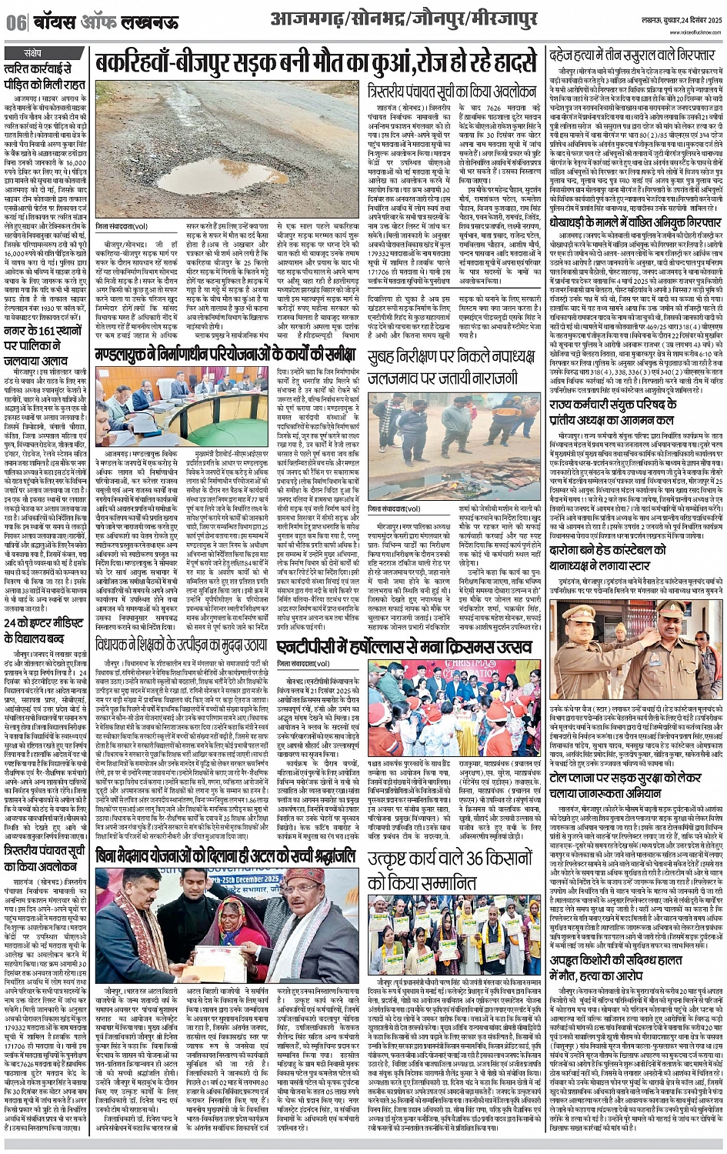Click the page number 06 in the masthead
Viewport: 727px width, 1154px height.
[16, 22]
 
